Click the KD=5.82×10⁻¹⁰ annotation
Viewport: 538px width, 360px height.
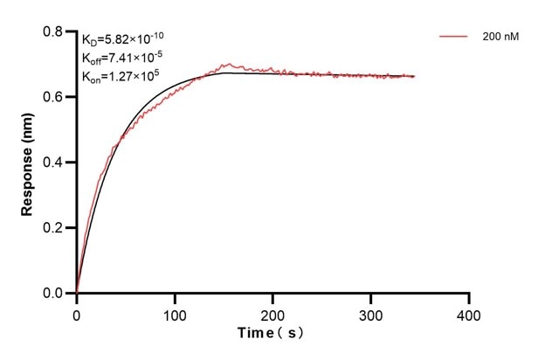122,38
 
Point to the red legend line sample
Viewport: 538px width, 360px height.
455,37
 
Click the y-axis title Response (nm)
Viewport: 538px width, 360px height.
29,162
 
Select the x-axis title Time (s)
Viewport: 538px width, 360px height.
273,333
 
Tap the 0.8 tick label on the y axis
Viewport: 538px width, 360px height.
55,31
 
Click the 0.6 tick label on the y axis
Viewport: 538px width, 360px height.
55,97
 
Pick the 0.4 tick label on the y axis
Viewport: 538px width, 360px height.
55,163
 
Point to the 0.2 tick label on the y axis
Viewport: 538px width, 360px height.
55,228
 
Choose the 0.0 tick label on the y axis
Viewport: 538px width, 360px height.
55,294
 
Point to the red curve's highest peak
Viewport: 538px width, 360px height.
228,64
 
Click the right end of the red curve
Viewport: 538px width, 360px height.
414,76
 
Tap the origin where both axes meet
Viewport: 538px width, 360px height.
77,294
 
